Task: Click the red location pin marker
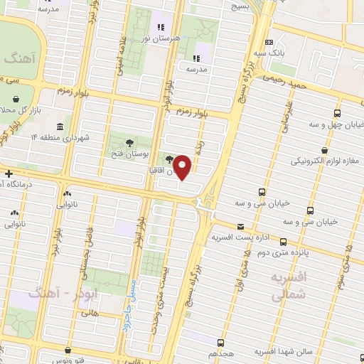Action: tap(183, 166)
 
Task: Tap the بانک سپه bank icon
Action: tap(268, 43)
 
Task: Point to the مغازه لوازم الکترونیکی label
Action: tap(324, 161)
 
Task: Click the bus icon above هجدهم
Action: tap(220, 343)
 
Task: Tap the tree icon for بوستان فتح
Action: tap(117, 142)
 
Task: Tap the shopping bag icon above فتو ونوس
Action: tap(68, 350)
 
